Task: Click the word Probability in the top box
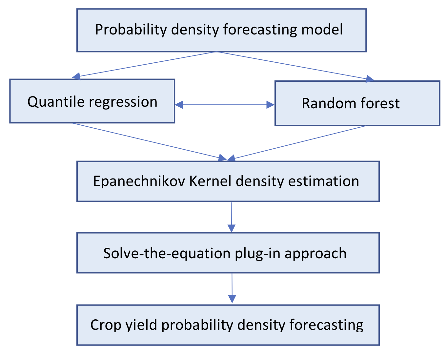[x=131, y=30]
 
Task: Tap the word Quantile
[x=56, y=102]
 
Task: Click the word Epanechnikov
[x=139, y=181]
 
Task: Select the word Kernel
[x=210, y=181]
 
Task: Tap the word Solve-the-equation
[x=167, y=254]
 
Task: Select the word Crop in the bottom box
[x=106, y=326]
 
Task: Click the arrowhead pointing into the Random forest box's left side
[x=270, y=105]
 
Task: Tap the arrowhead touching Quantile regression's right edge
[x=179, y=105]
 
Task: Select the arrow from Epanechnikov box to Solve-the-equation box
[x=232, y=217]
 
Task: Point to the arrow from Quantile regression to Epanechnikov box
[x=149, y=142]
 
